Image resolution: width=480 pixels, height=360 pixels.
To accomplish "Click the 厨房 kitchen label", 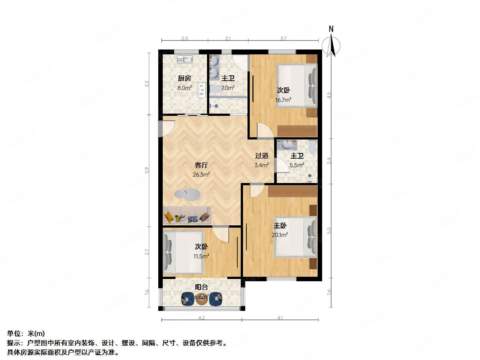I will [184, 78].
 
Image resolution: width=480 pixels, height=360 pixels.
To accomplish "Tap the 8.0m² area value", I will [184, 88].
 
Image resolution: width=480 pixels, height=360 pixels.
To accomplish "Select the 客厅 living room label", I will [201, 165].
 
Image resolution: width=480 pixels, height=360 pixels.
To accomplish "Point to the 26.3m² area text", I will [201, 174].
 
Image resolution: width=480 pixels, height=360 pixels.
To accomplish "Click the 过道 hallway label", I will [262, 156].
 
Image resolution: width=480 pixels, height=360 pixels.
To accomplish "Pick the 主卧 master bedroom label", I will [280, 225].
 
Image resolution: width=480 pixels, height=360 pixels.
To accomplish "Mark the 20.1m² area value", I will [280, 235].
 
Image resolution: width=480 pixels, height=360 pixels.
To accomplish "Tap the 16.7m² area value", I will [283, 100].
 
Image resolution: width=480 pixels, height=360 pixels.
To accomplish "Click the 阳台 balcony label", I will [201, 287].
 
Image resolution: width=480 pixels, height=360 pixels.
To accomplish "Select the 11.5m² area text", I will [201, 256].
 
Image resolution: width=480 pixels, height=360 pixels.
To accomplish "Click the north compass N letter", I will [331, 29].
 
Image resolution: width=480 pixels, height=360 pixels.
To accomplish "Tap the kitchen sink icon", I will [184, 59].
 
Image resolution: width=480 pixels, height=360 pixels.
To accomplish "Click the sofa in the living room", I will [187, 215].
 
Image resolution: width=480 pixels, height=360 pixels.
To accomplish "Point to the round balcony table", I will [201, 298].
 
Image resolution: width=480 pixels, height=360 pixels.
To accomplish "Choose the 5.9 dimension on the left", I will [147, 170].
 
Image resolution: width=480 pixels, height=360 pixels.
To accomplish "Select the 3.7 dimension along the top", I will [283, 38].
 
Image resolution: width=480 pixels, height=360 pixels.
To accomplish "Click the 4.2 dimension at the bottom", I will [201, 318].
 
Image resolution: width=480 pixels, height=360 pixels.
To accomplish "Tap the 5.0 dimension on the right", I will [329, 230].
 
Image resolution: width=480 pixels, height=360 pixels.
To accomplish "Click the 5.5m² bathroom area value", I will [297, 165].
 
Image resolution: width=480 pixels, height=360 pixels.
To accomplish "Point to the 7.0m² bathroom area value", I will [228, 88].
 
